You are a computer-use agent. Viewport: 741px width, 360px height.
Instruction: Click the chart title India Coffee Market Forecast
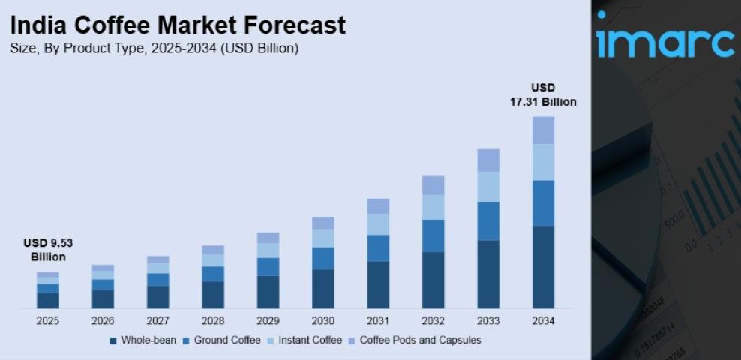(x=178, y=25)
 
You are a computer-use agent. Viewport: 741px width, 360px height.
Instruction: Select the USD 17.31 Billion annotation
(x=543, y=94)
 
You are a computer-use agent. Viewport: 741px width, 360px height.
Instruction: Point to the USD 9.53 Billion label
(x=48, y=250)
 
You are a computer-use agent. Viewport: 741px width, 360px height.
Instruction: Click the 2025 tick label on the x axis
(x=48, y=321)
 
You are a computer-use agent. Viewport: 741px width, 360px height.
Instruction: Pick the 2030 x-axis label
(x=322, y=321)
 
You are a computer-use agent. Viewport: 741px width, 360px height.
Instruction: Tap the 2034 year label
(x=543, y=321)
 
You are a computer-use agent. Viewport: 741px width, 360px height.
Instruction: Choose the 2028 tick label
(x=213, y=321)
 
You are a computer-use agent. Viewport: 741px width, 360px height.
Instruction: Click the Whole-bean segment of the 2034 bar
(x=543, y=266)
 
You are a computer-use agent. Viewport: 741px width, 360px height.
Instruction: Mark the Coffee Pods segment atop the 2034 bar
(x=543, y=130)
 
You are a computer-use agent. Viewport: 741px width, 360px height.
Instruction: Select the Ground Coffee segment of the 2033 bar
(x=488, y=220)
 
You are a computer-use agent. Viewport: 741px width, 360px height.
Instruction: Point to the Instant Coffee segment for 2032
(x=433, y=207)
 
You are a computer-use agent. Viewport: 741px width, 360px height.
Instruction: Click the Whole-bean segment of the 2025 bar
(x=48, y=300)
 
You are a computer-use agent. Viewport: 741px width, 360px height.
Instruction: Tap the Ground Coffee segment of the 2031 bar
(x=378, y=247)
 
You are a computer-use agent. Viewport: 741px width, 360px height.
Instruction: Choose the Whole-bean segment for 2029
(x=268, y=291)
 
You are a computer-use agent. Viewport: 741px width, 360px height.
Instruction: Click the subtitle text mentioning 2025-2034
(x=154, y=49)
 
